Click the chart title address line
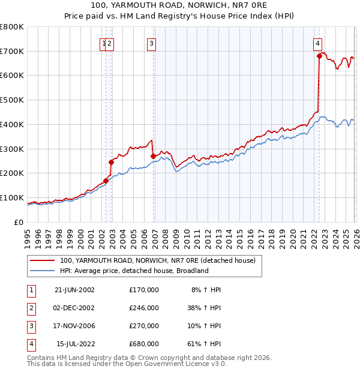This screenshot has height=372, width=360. tap(179, 5)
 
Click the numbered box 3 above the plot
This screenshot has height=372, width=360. tap(152, 43)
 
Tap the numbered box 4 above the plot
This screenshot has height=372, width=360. tap(317, 43)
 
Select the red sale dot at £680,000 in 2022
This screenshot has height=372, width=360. tap(319, 56)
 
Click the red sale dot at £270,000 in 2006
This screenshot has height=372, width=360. tap(153, 156)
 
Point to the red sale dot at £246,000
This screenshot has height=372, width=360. tap(111, 162)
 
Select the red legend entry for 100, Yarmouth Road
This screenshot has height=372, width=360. tap(157, 260)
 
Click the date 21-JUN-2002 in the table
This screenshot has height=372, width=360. tap(74, 290)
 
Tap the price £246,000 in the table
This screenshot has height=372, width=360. tap(144, 308)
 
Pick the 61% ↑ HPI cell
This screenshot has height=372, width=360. tap(206, 344)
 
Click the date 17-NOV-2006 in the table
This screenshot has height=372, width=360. tap(74, 326)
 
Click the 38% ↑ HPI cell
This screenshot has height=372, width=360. tap(206, 308)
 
